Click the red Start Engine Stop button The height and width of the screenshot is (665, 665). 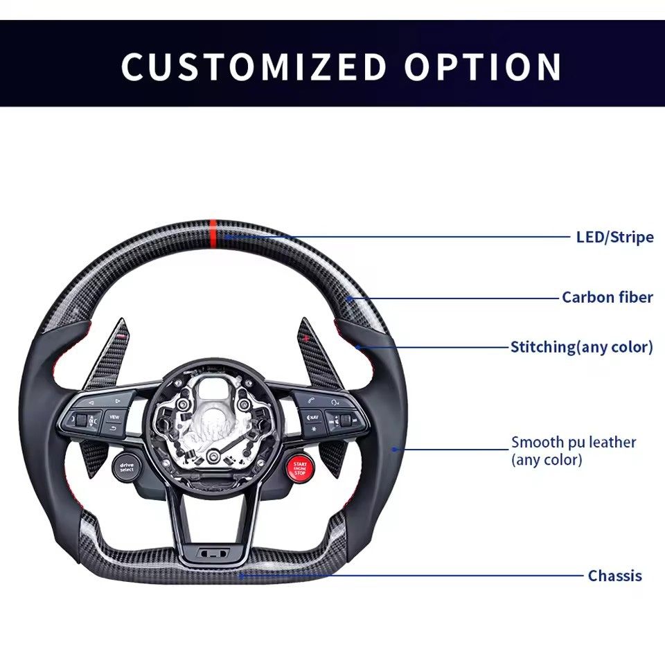click(x=299, y=467)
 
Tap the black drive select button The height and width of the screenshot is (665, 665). click(x=126, y=468)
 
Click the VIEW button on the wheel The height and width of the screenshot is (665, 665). click(x=114, y=417)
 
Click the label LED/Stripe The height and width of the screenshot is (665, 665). click(x=614, y=237)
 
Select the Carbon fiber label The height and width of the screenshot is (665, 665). click(x=607, y=297)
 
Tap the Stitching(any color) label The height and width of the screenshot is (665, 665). click(x=581, y=346)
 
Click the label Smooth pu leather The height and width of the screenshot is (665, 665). click(x=574, y=442)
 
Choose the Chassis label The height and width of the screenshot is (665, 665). click(x=614, y=576)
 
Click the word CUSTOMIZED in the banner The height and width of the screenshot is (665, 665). click(x=254, y=66)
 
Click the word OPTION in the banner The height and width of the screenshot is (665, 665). click(x=484, y=66)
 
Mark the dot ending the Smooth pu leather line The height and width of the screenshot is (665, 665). click(x=394, y=449)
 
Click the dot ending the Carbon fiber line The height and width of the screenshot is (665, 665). click(x=351, y=299)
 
